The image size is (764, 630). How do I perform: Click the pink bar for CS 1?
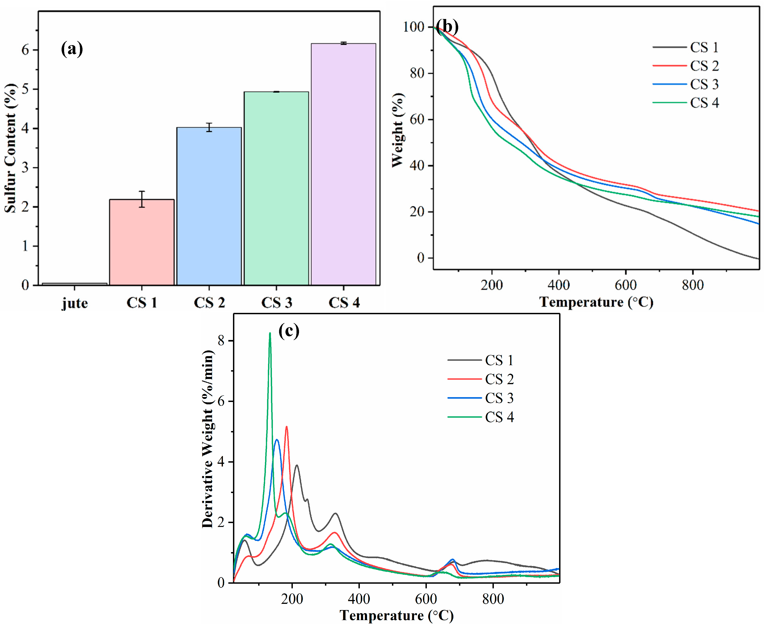142,242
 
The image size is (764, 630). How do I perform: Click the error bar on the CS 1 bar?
142,199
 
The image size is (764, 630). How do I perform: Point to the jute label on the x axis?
75,303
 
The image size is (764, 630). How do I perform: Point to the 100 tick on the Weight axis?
413,27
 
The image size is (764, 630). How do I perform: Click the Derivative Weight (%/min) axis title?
208,439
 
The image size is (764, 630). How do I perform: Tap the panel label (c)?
289,331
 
